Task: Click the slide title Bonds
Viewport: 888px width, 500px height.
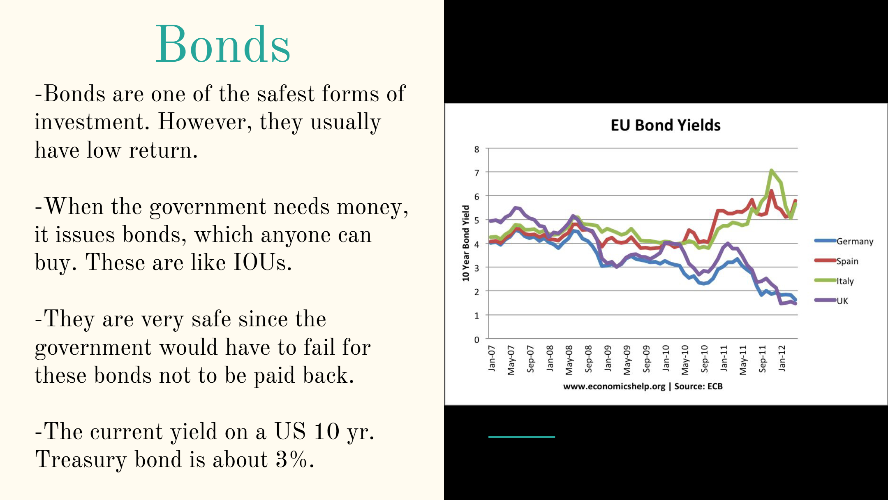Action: pyautogui.click(x=222, y=44)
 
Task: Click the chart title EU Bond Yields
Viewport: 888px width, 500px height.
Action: pyautogui.click(x=666, y=125)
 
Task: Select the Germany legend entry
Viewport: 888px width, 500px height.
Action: pyautogui.click(x=844, y=241)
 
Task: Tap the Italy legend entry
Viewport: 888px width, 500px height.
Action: pyautogui.click(x=834, y=281)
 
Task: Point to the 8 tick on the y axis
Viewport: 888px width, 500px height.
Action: pyautogui.click(x=476, y=149)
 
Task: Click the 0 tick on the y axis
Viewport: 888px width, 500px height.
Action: pyautogui.click(x=476, y=340)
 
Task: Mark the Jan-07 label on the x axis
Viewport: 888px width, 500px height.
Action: pyautogui.click(x=492, y=358)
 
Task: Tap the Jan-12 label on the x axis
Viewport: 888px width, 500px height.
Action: pyautogui.click(x=782, y=358)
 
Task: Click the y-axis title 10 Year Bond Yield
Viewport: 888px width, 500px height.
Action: pyautogui.click(x=465, y=243)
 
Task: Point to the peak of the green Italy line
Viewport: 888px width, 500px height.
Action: pyautogui.click(x=771, y=170)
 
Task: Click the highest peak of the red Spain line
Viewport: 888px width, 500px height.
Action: pyautogui.click(x=771, y=191)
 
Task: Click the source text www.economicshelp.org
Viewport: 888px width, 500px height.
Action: pyautogui.click(x=614, y=386)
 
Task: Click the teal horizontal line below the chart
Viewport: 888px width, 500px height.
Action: pyautogui.click(x=522, y=437)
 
